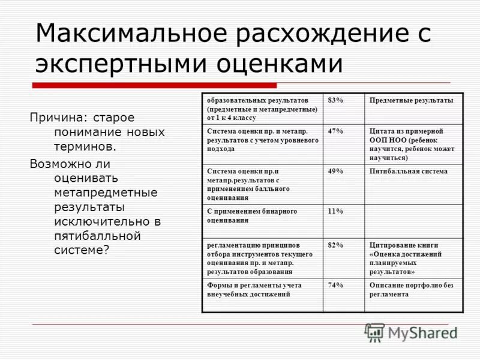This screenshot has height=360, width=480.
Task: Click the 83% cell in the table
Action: coord(335,100)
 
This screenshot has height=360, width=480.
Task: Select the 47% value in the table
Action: coord(335,130)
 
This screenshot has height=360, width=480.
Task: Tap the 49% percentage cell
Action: coord(335,171)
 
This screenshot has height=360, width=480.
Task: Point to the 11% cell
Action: coord(335,211)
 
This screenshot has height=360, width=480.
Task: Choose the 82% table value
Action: coord(335,245)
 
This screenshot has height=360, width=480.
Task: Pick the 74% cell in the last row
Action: coord(335,285)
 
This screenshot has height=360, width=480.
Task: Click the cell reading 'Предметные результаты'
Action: coord(412,100)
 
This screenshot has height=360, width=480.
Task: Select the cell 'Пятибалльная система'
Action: coord(409,171)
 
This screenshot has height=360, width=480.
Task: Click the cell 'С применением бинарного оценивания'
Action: coord(252,215)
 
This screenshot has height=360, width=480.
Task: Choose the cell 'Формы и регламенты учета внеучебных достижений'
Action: coord(254,290)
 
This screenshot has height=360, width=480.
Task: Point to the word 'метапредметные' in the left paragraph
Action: coord(106,193)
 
